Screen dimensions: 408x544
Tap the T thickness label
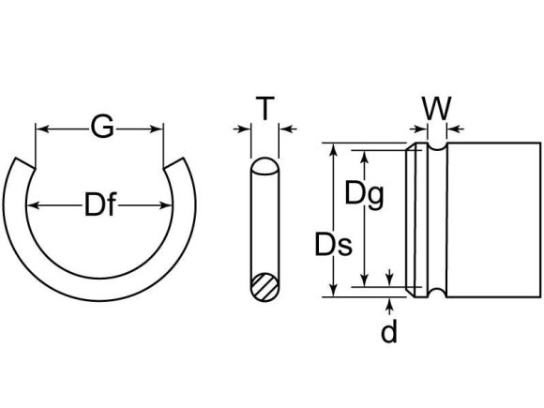(266, 110)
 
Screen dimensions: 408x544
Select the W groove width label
(434, 109)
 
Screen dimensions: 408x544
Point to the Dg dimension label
(366, 194)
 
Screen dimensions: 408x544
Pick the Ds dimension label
(332, 247)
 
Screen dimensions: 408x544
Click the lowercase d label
(389, 331)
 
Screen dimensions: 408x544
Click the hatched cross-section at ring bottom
(265, 284)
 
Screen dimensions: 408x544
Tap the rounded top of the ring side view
(265, 167)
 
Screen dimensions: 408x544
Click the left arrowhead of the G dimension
(40, 128)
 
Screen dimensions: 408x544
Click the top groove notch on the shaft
(434, 150)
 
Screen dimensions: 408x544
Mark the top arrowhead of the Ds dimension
(332, 148)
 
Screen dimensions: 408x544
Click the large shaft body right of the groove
(492, 220)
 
